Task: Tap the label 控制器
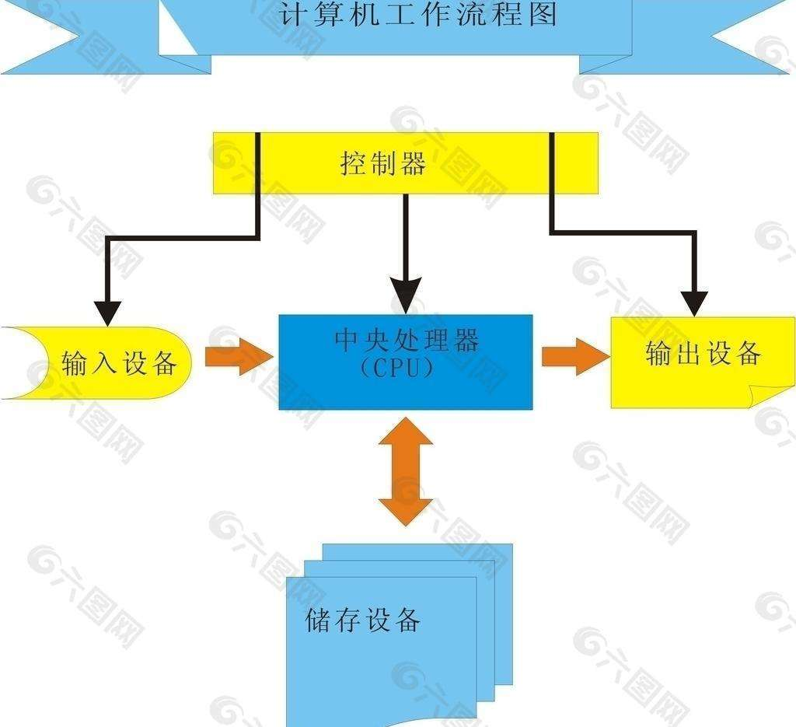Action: (x=383, y=164)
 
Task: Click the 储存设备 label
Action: (x=363, y=620)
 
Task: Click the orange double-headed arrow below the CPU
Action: (x=406, y=470)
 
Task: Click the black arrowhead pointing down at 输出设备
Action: (x=694, y=303)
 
